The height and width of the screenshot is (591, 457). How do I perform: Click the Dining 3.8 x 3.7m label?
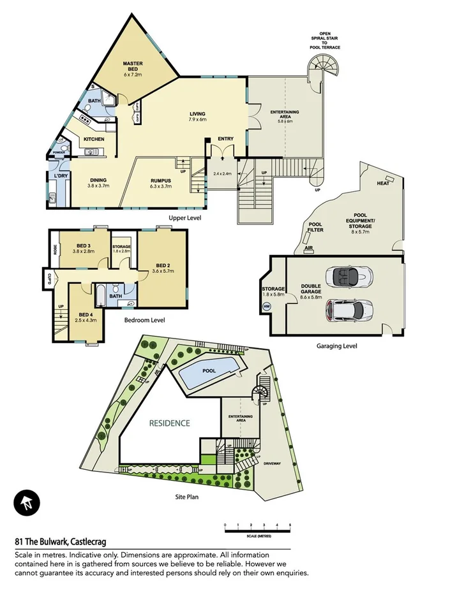98,183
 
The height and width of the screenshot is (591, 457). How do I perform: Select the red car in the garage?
345,310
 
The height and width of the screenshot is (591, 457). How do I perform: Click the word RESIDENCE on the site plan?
169,423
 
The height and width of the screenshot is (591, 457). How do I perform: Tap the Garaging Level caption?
336,346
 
